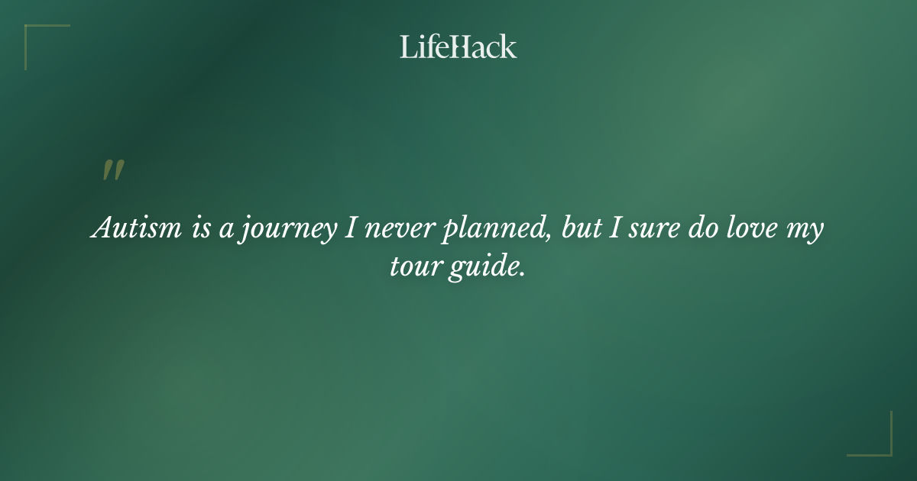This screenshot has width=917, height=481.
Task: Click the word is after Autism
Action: click(200, 229)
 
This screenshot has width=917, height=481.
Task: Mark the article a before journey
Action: click(227, 231)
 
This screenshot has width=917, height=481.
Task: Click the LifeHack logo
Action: click(458, 47)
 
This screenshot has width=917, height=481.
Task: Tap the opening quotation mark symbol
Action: click(112, 171)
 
